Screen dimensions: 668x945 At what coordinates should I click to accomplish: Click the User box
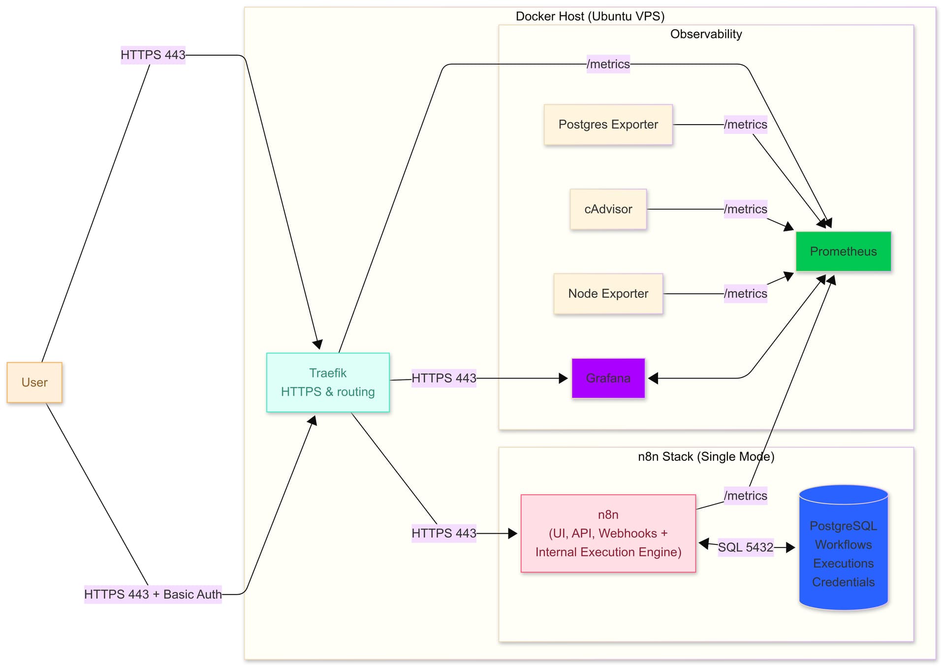[34, 382]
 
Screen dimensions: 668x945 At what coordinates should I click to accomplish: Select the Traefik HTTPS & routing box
[328, 382]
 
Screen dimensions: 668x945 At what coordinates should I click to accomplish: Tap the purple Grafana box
[608, 378]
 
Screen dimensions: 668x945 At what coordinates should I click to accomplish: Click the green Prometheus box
[843, 252]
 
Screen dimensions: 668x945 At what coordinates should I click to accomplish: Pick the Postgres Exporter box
[608, 125]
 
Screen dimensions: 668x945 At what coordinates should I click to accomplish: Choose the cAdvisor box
[608, 209]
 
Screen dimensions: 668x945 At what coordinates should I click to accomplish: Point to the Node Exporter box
[608, 294]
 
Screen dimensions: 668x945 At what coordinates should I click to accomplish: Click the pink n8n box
[608, 533]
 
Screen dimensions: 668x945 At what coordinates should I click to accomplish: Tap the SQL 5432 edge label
[745, 547]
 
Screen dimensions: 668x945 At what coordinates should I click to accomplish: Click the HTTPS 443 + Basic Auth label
[153, 594]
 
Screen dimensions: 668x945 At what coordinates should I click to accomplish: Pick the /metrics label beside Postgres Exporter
[745, 125]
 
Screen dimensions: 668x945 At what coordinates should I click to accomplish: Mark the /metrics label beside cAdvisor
[745, 209]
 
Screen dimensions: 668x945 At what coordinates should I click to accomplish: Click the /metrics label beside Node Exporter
[745, 294]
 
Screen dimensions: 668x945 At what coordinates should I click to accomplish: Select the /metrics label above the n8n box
[745, 496]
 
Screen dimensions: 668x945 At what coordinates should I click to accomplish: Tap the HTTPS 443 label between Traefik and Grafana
[443, 378]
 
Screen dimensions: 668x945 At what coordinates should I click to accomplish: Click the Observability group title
[706, 34]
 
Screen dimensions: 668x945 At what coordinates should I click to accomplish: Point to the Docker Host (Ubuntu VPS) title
[590, 16]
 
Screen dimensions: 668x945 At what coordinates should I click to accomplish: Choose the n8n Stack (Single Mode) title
[706, 456]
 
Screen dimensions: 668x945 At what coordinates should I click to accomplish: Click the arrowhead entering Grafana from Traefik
[564, 378]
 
